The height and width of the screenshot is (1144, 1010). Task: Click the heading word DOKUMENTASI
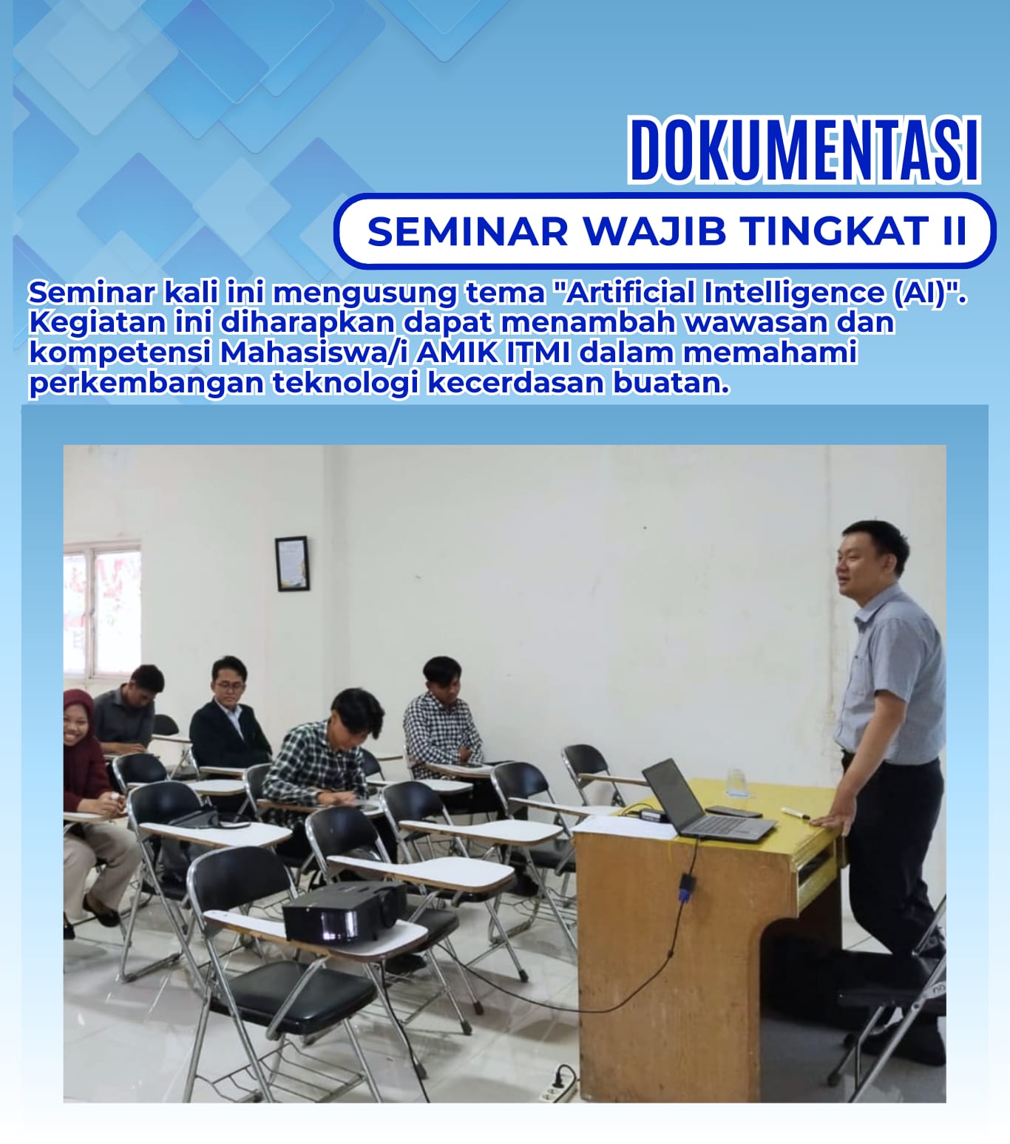coord(805,149)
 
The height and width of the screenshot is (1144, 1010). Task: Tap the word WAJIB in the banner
coord(654,231)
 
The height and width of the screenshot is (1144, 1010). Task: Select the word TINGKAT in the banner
coord(834,231)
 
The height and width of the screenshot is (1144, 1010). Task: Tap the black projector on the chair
coord(345,912)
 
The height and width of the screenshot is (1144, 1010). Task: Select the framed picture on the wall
coord(292,564)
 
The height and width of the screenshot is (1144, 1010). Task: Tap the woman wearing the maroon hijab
coord(89,802)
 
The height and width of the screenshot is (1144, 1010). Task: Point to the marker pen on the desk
coord(796,813)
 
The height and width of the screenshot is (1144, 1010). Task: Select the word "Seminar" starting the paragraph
coord(92,293)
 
